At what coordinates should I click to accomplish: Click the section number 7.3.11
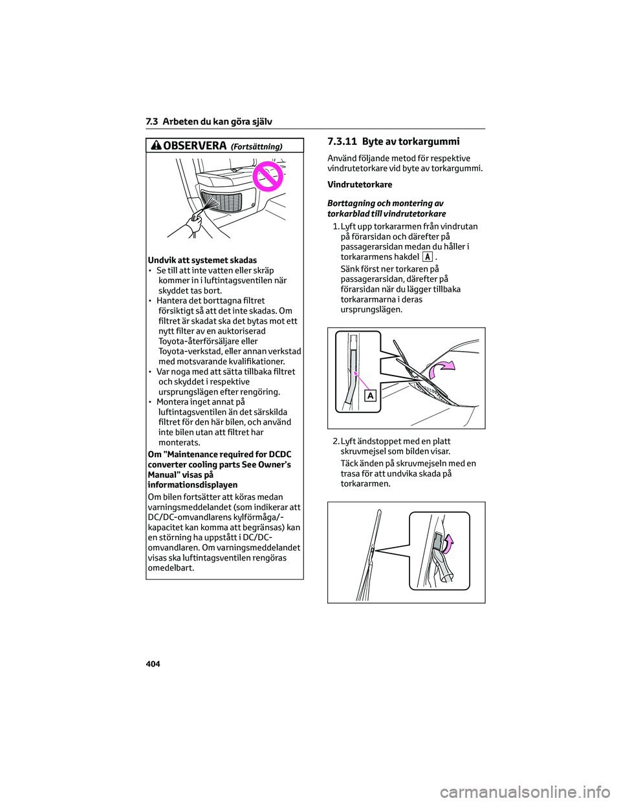[x=342, y=142]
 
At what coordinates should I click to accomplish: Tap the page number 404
[x=153, y=664]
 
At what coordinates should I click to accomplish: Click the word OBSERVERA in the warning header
[x=195, y=146]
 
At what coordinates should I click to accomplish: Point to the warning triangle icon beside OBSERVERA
[x=156, y=145]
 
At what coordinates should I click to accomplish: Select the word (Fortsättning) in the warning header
[x=256, y=147]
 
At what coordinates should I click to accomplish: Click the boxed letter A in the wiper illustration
[x=370, y=396]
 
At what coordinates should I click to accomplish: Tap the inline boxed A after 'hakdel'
[x=427, y=257]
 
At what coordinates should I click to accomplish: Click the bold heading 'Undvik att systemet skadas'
[x=202, y=260]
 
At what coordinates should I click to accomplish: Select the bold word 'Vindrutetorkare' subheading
[x=360, y=185]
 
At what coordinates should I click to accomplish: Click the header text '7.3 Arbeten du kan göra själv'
[x=209, y=122]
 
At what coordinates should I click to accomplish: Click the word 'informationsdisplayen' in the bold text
[x=193, y=485]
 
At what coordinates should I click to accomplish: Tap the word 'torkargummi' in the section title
[x=430, y=142]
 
